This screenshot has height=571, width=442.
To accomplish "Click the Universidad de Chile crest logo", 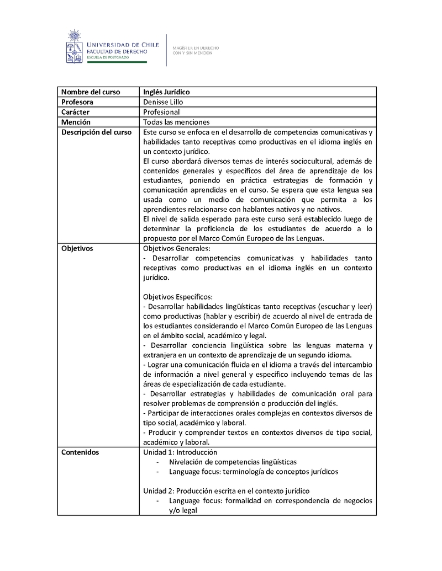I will point(73,47).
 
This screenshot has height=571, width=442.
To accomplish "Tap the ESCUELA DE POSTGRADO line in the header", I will point(109,57).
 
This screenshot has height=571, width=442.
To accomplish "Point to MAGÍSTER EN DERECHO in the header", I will point(196,48).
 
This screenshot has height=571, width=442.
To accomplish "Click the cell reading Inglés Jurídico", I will point(166,92).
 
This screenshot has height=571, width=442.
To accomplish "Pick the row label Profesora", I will point(77,102).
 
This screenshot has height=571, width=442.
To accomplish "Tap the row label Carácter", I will point(76,112).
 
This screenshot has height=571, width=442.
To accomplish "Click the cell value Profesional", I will point(161,112).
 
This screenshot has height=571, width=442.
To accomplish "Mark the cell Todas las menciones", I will point(176,122).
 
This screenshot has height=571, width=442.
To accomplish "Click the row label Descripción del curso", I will point(96,132).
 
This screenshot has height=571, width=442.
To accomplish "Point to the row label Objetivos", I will point(77,248).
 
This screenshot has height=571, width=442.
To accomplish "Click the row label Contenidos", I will point(80,452).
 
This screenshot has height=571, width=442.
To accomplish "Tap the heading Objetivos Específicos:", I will point(178,296).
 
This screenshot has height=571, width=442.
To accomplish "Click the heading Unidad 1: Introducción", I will point(180,452).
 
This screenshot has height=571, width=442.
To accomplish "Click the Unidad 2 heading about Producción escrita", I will point(226,491).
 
